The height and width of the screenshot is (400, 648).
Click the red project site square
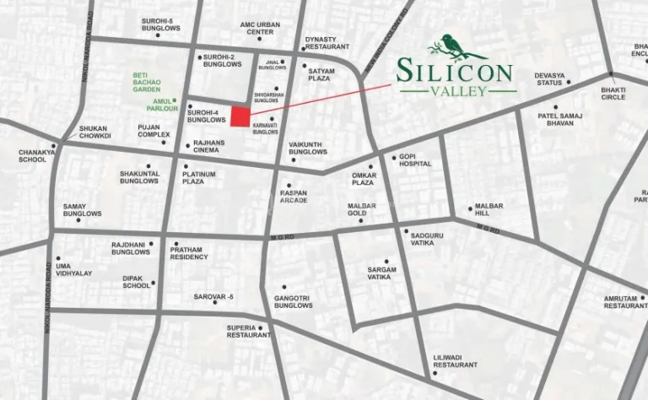240,117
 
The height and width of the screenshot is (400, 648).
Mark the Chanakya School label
32,156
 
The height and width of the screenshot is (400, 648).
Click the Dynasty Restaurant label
321,43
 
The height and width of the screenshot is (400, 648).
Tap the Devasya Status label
549,79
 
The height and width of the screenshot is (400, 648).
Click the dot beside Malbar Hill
470,209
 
